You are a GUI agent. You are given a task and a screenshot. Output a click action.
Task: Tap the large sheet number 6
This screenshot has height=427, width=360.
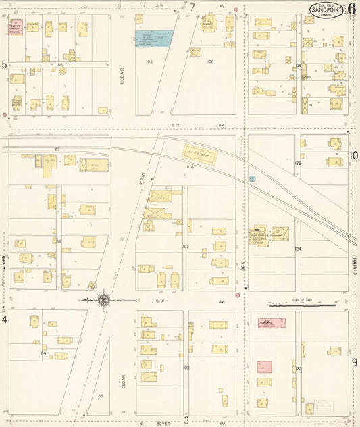coord(352,9)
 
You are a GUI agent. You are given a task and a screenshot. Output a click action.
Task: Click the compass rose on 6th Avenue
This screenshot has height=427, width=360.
coord(103,299)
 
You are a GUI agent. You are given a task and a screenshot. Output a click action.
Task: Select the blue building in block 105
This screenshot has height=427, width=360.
coord(154,39)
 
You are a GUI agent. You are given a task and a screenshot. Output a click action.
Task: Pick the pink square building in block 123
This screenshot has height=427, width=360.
coord(264,367)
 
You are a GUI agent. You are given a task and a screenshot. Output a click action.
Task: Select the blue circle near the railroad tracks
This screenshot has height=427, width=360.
coord(252,179)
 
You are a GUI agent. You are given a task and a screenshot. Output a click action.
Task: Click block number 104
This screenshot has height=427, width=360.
coord(190,166)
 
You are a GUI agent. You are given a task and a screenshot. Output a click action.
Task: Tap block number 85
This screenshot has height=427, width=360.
coord(100,395)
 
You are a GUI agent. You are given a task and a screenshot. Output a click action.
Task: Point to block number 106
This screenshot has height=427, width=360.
coord(210,61)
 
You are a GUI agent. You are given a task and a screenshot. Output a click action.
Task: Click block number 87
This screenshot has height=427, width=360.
coord(57,149)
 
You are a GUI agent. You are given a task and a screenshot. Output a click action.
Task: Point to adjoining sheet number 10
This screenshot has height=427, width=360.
coord(353,156)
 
